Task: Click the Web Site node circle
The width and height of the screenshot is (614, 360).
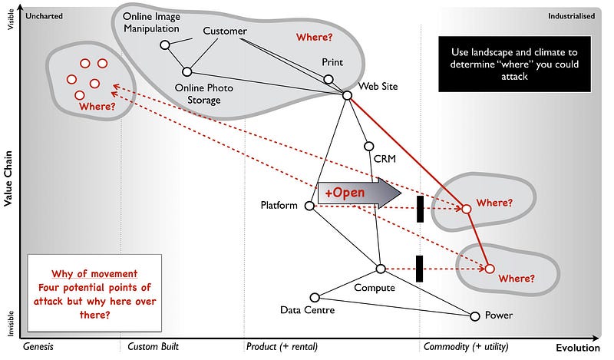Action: coord(347,95)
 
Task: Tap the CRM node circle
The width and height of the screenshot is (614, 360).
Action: coord(368,146)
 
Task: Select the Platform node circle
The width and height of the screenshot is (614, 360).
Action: coord(309,206)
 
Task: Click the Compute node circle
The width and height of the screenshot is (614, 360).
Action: coord(380,268)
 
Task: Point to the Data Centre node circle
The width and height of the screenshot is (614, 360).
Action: coord(315,297)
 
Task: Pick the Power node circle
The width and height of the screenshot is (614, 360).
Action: coord(474,315)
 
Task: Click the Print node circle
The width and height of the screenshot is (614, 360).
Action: coord(328,79)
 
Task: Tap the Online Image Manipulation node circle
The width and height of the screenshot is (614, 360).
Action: coord(164,45)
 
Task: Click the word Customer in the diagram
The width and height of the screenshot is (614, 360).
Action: coord(225,31)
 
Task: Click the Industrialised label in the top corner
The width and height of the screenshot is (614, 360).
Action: coord(571,15)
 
